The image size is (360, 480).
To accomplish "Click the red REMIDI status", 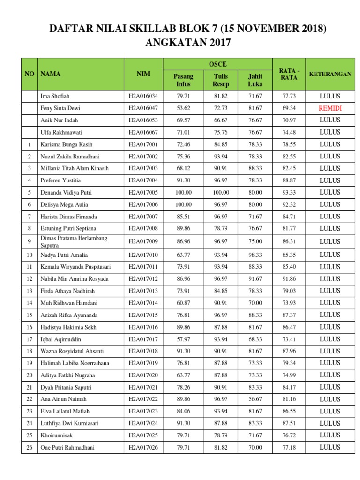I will pos(330,108).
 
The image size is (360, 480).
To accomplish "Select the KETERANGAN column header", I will pos(330,74).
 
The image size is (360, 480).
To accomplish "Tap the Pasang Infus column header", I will pos(183,80).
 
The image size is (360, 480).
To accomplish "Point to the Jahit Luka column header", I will pos(255,80).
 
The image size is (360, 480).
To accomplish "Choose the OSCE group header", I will pos(217,64).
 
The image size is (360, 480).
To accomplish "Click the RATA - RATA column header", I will pos(289,74).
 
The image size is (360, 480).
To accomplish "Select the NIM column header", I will pos(143,74).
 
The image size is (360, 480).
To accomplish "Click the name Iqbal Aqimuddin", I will pos(60,339).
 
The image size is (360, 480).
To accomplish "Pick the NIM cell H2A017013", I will pos(143,291).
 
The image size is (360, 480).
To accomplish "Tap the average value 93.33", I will pos(289,193).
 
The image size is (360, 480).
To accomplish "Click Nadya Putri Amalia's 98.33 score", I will pos(255,255).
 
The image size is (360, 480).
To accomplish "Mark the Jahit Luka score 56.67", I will pos(255,399).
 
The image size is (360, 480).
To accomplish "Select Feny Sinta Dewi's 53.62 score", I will pos(183,108).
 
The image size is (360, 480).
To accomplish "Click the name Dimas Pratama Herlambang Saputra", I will pos(74,242).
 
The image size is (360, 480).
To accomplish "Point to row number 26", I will pos(30,448).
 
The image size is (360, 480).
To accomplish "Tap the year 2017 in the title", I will pos(215,43).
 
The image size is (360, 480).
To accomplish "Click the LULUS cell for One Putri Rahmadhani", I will pos(330,448).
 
